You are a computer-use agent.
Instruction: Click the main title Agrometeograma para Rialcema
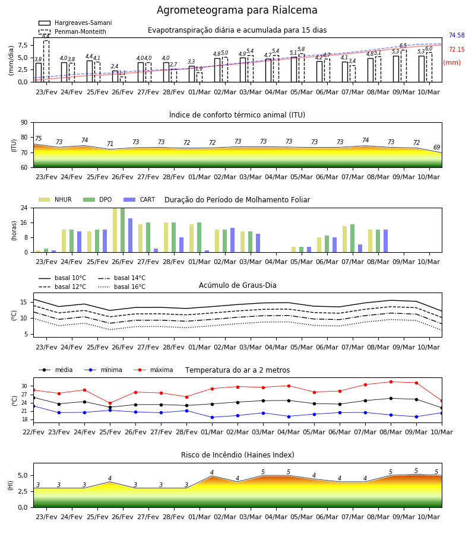[237, 10]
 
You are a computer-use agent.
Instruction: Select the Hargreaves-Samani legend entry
[75, 23]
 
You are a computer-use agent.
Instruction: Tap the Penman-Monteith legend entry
[72, 31]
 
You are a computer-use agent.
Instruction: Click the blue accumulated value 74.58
[457, 36]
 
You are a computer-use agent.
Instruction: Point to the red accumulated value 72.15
[457, 50]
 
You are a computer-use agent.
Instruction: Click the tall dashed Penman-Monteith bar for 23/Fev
[46, 61]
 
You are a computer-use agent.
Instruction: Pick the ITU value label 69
[436, 148]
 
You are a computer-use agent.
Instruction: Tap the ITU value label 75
[38, 138]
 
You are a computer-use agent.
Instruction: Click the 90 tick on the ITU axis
[24, 123]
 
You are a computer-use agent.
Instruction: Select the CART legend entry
[139, 199]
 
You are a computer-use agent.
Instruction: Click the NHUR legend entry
[55, 199]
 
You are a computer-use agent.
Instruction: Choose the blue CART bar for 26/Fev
[130, 236]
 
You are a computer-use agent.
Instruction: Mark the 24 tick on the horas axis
[24, 208]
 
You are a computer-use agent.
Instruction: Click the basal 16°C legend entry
[122, 287]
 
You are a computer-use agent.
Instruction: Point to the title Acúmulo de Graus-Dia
[237, 285]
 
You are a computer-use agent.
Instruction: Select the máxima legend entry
[153, 370]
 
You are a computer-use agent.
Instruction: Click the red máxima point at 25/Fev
[110, 403]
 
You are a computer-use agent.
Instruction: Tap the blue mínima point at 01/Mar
[213, 417]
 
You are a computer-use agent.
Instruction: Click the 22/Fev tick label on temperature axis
[33, 432]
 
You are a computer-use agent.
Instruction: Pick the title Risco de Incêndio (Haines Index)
[237, 455]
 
